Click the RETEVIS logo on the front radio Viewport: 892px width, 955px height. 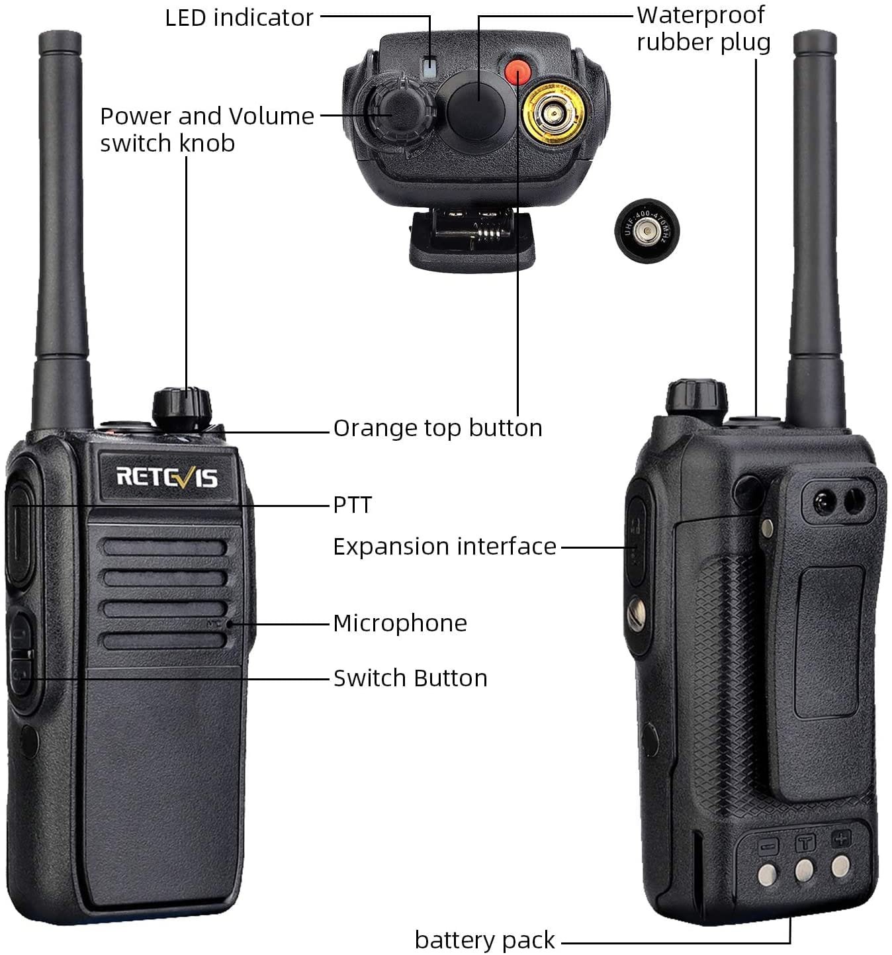[x=167, y=477]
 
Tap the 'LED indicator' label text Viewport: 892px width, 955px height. [x=239, y=18]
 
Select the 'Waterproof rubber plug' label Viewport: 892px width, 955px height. [x=703, y=28]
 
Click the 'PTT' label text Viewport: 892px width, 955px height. [x=352, y=505]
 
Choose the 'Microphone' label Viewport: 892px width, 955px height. [x=400, y=623]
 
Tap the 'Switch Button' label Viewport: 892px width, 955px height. [x=410, y=678]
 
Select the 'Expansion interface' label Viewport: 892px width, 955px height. [x=444, y=547]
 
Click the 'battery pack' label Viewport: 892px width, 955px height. [x=484, y=940]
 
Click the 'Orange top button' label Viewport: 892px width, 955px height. [x=437, y=428]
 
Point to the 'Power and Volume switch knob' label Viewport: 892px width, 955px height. [x=206, y=129]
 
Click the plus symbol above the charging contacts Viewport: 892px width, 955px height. [x=841, y=839]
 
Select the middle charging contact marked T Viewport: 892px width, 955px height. [x=804, y=868]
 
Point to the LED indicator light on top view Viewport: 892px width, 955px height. [x=430, y=68]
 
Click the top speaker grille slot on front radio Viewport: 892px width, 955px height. [x=165, y=547]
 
